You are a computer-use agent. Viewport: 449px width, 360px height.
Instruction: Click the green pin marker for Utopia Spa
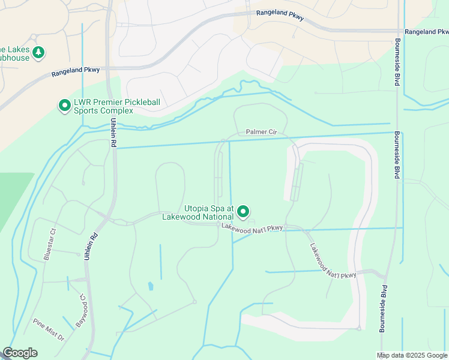[243, 211]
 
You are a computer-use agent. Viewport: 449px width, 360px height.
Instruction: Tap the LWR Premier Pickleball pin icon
[64, 106]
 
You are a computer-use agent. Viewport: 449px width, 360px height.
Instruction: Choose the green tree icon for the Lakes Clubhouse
[38, 53]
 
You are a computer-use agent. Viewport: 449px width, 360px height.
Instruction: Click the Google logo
[20, 353]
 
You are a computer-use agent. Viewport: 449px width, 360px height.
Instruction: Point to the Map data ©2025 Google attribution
[412, 355]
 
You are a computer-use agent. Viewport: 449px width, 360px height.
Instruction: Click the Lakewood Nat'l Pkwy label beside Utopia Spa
[252, 227]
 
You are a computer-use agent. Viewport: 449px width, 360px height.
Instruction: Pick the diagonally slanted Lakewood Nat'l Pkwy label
[333, 260]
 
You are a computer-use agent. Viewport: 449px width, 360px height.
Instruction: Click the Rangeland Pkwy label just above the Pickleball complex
[76, 70]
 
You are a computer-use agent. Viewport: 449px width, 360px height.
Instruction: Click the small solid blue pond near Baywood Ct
[150, 287]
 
